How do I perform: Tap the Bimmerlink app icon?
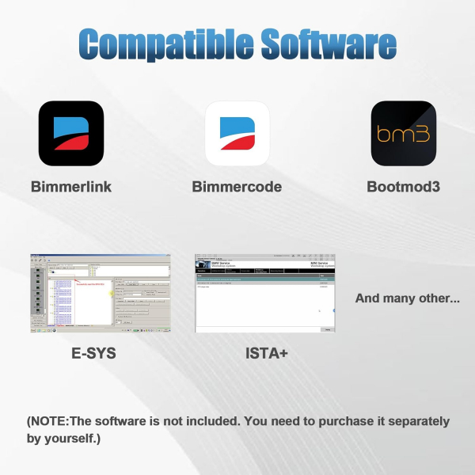[71, 133]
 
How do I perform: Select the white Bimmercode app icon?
[237, 133]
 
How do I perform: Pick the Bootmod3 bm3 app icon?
[403, 133]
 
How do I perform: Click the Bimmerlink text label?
[71, 187]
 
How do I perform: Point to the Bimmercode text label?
[237, 187]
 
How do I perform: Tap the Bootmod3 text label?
[403, 187]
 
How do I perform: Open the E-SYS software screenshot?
[101, 293]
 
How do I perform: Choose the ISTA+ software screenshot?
[264, 293]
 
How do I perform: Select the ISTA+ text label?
[266, 352]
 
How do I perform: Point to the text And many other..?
[408, 298]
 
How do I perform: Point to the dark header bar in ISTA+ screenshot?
[264, 270]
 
